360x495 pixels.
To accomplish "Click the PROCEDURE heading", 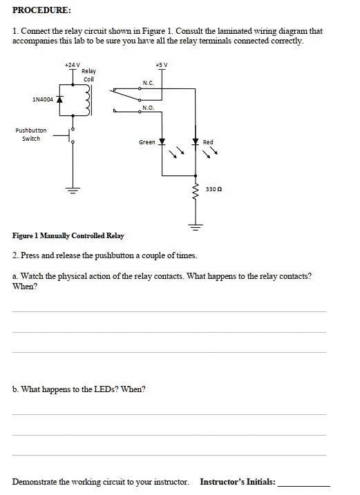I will [x=41, y=11].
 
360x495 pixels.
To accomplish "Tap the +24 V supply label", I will [x=71, y=64].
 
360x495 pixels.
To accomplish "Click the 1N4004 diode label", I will [x=43, y=99].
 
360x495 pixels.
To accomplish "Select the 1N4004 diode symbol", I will [x=60, y=99].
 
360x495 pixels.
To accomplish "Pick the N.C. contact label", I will [x=148, y=83].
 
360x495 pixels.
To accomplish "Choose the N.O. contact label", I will [x=148, y=108].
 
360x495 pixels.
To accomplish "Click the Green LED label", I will [x=146, y=143].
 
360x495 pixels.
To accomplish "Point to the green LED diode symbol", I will [x=162, y=143].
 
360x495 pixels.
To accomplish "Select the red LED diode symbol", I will [x=196, y=142].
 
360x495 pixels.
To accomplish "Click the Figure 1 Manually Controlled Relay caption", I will [x=68, y=236].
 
